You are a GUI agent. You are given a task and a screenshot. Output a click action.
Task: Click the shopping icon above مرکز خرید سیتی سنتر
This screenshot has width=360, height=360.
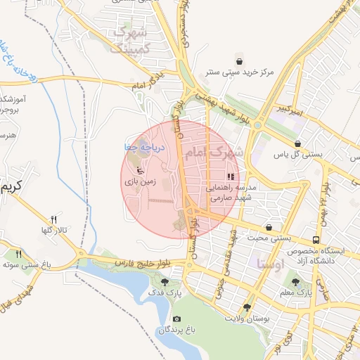click(241, 60)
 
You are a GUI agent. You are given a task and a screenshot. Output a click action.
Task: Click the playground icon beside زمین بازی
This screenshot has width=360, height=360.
click(140, 169)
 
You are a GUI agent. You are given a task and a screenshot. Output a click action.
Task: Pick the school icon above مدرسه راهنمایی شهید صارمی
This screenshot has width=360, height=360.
click(231, 177)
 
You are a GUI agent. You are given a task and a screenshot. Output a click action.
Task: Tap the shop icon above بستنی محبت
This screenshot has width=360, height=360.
click(270, 228)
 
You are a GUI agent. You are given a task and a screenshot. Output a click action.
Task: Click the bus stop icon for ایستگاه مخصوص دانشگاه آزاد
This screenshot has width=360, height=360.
click(316, 240)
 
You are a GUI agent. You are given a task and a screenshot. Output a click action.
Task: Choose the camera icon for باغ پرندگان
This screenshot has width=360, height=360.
click(176, 318)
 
